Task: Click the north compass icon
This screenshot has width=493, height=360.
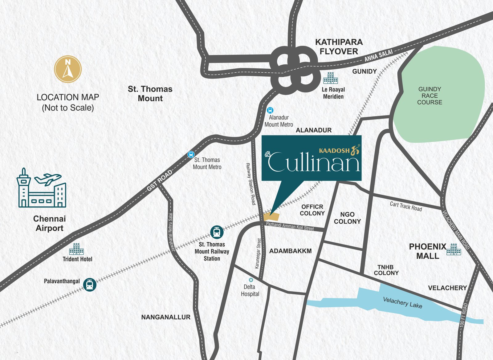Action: click(x=68, y=69)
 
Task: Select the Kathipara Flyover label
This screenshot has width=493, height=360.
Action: click(x=339, y=47)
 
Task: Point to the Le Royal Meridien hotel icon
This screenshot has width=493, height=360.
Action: click(x=330, y=78)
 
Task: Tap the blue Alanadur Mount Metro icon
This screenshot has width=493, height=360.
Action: click(x=270, y=110)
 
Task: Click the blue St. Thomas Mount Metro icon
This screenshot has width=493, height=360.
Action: click(x=191, y=155)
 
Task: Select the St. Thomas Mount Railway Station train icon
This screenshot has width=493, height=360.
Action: click(x=217, y=232)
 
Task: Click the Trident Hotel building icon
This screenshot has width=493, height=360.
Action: click(x=76, y=249)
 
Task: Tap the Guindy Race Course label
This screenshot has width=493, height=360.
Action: click(x=430, y=95)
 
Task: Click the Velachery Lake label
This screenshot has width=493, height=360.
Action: click(x=402, y=302)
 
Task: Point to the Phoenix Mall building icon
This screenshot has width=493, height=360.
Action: click(x=454, y=249)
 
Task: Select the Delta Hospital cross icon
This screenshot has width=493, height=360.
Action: click(x=251, y=280)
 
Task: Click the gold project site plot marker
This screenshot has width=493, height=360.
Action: click(x=271, y=217)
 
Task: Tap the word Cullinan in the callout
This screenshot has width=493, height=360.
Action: click(x=314, y=162)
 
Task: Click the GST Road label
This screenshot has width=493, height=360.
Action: click(x=159, y=180)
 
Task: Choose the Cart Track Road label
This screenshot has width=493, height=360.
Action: click(x=405, y=206)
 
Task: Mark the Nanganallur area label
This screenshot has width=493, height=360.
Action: click(x=166, y=317)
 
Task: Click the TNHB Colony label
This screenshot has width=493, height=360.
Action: click(x=386, y=270)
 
